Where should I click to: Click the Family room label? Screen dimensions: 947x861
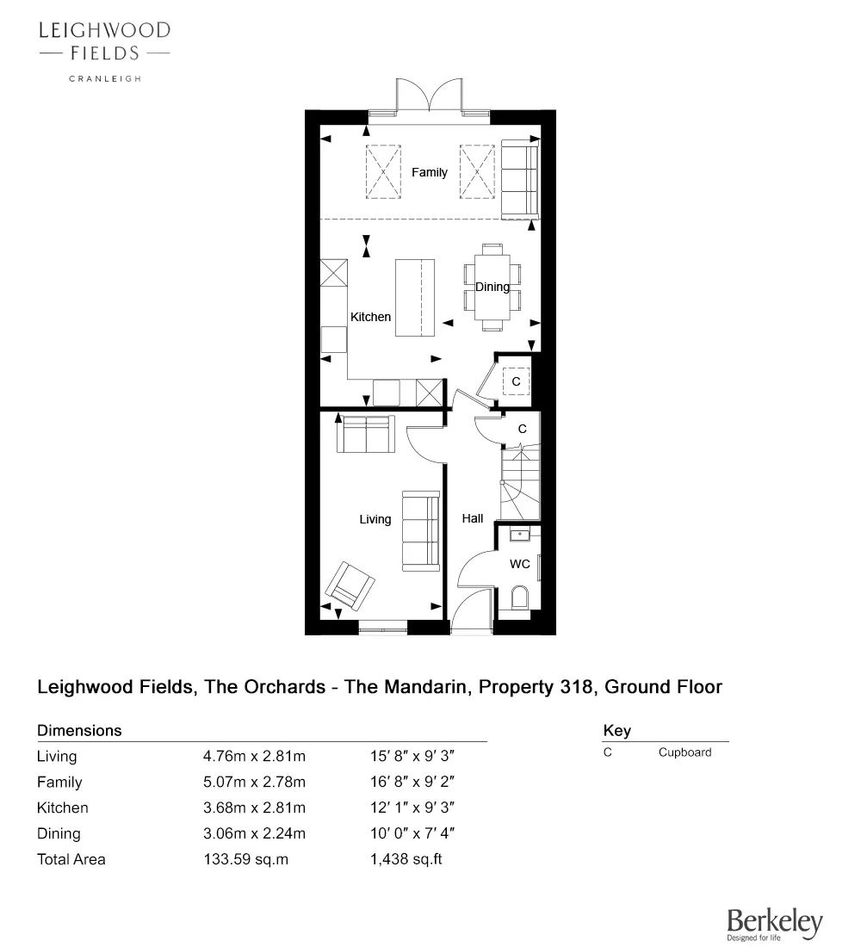click(429, 172)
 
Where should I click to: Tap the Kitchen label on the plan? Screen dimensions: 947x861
click(370, 317)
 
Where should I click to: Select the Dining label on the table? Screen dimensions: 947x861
click(492, 287)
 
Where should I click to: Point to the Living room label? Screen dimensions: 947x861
click(375, 519)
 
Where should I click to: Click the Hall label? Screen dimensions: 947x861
click(473, 518)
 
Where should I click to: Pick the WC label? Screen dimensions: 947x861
click(520, 564)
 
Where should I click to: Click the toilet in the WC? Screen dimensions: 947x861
click(519, 597)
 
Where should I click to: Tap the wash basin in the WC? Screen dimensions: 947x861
click(519, 535)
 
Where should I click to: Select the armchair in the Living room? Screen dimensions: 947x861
click(350, 585)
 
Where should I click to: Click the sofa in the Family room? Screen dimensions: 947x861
click(518, 180)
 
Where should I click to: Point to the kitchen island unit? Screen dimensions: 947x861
click(415, 298)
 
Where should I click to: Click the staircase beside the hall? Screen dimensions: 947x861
click(520, 482)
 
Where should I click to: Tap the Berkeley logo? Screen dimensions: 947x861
click(774, 923)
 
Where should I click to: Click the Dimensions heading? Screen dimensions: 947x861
click(79, 731)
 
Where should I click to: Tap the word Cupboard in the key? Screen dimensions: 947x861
click(684, 752)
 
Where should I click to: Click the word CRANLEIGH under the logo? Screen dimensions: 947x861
click(104, 78)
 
